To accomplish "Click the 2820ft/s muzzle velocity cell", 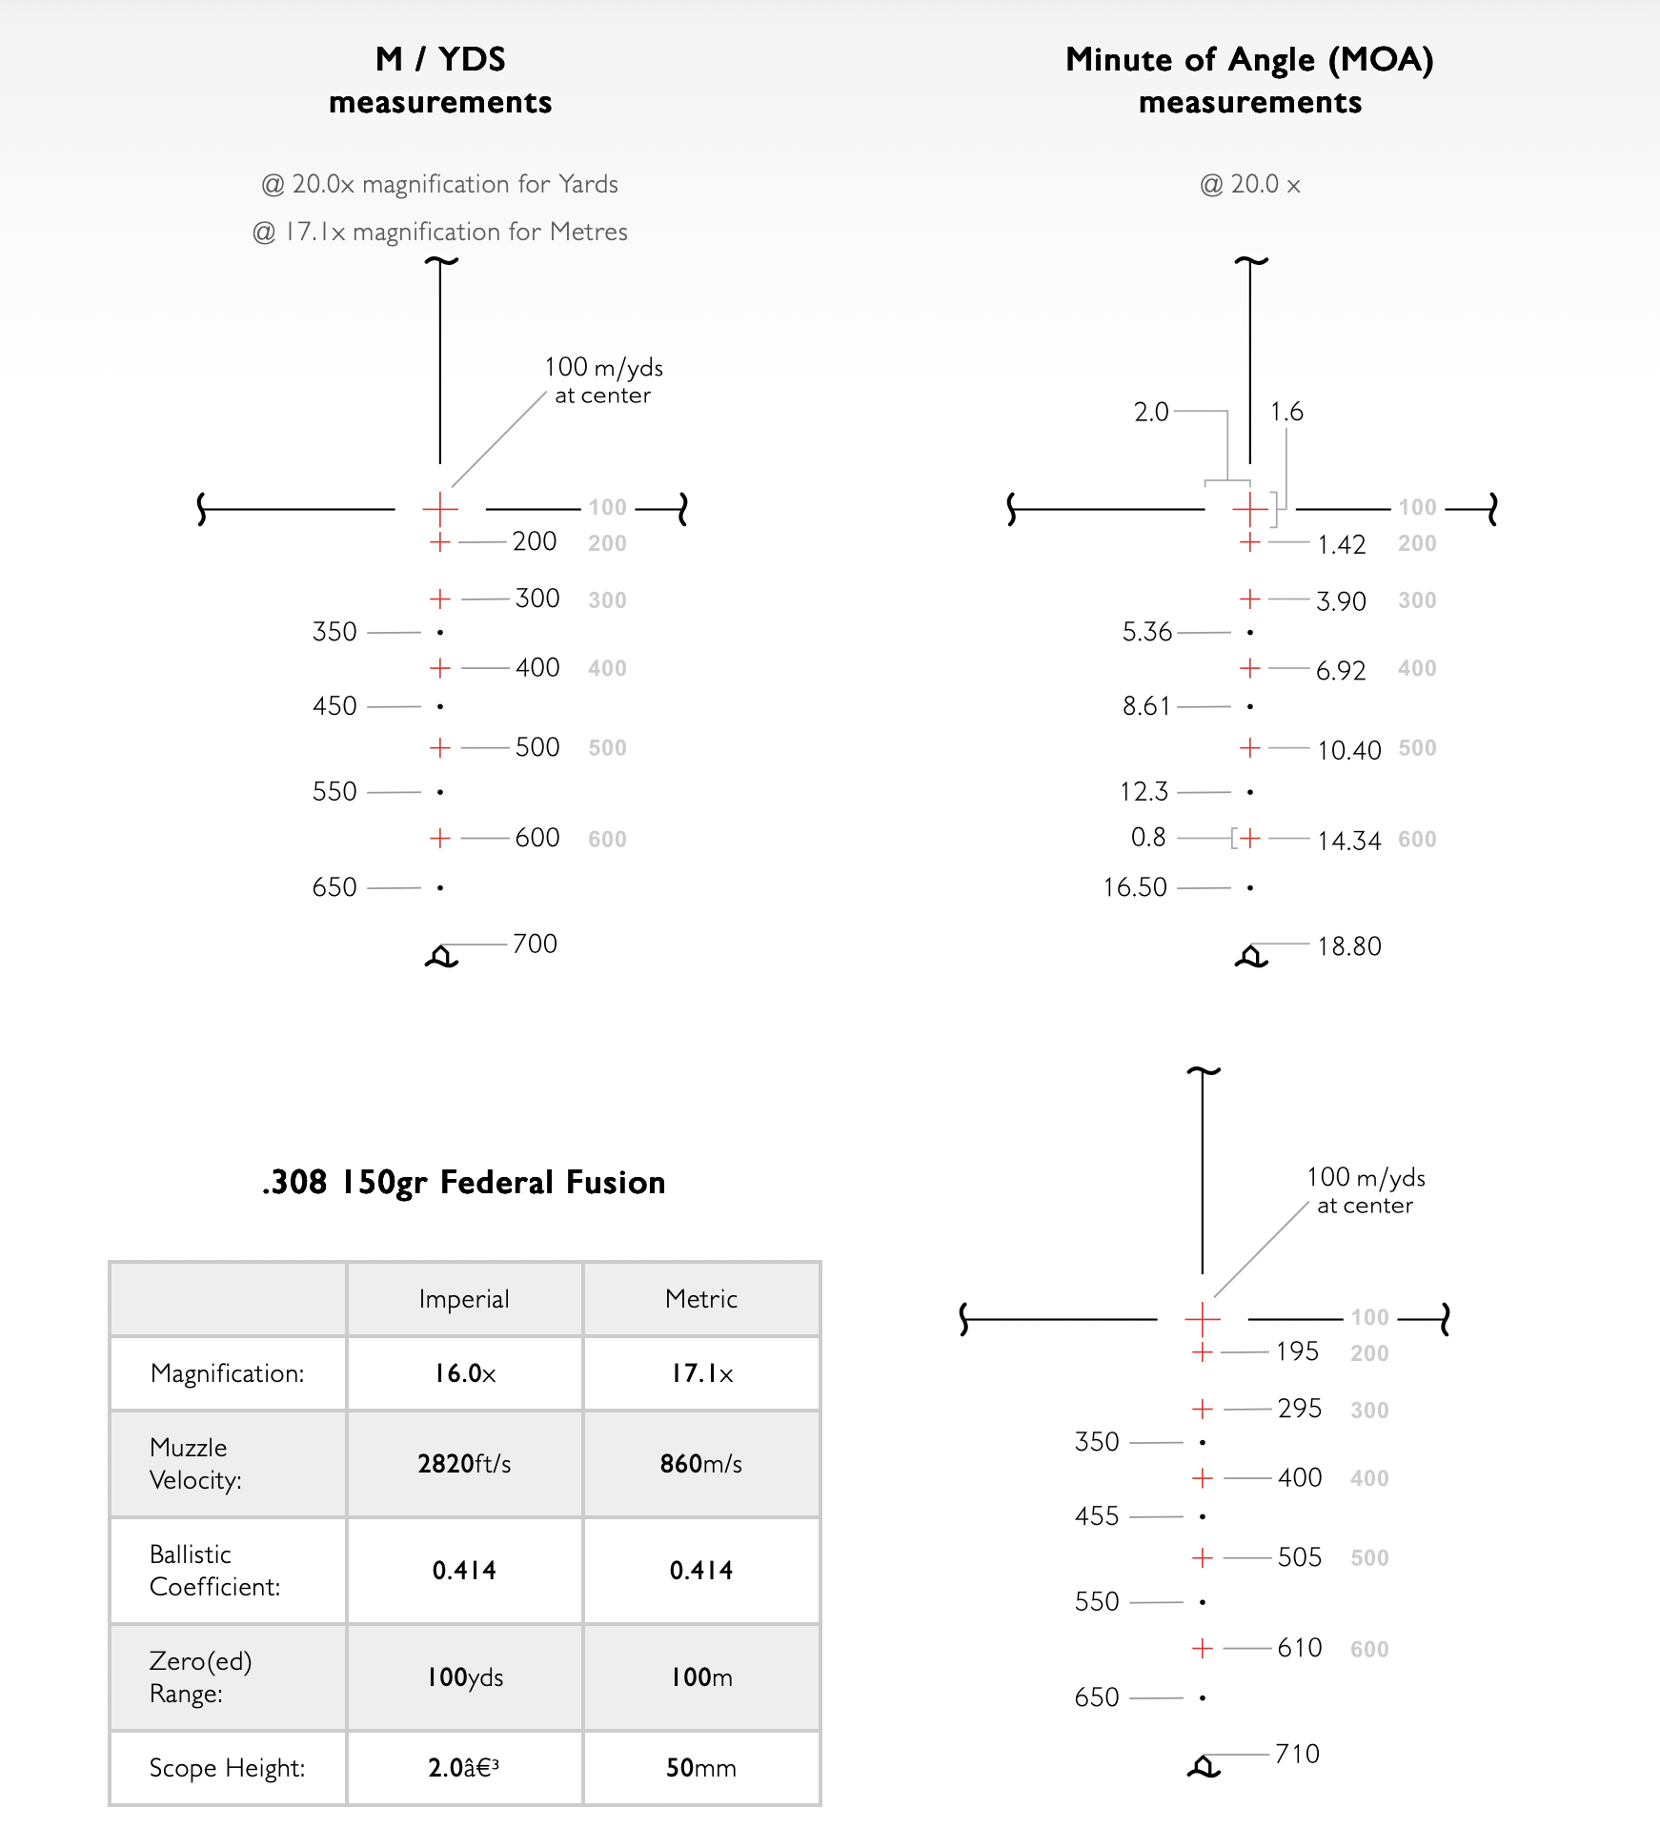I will pos(464,1464).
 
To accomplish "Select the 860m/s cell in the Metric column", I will pos(700,1464).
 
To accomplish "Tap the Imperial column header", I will pos(464,1299).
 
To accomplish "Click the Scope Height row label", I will pos(227,1768).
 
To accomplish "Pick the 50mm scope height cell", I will pos(700,1768).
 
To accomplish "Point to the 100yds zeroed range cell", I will pos(464,1677).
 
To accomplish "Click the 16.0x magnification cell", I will pos(464,1373).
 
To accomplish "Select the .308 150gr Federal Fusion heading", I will pos(463,1183).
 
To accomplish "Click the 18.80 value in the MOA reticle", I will pos(1348,946).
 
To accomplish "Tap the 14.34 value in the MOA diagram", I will pos(1348,841).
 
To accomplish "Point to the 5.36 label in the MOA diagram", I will pos(1146,632).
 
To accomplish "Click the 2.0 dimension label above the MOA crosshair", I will pos(1150,412).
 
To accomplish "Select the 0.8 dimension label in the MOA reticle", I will pos(1148,838).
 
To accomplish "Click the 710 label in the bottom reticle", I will pos(1297,1754).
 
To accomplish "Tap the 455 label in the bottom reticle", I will pos(1096,1516).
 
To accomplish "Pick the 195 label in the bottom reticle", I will pos(1297,1351).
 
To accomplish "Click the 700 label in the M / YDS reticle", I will pos(535,944).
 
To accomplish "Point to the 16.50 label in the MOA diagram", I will pos(1134,887).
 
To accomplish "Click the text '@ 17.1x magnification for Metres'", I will pos(439,232).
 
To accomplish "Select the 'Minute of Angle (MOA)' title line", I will pos(1249,60).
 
